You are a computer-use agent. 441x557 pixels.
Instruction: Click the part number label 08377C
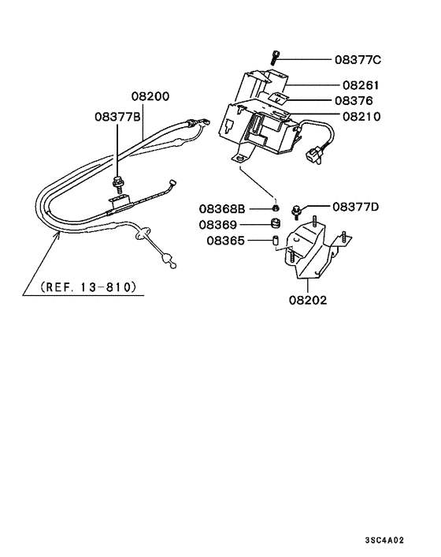coord(358,60)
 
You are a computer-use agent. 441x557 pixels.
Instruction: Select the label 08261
coord(361,85)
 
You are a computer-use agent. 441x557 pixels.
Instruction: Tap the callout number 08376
coord(354,101)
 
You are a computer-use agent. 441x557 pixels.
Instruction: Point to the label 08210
coord(361,117)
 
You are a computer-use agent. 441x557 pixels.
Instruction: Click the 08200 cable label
coord(150,96)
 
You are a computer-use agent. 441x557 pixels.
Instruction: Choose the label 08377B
coord(117,117)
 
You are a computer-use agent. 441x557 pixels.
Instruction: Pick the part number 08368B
coord(222,209)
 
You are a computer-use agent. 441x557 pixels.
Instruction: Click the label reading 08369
coord(217,225)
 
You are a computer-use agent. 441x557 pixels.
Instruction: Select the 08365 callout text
coord(225,241)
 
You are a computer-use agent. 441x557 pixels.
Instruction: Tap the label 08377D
coord(356,207)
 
